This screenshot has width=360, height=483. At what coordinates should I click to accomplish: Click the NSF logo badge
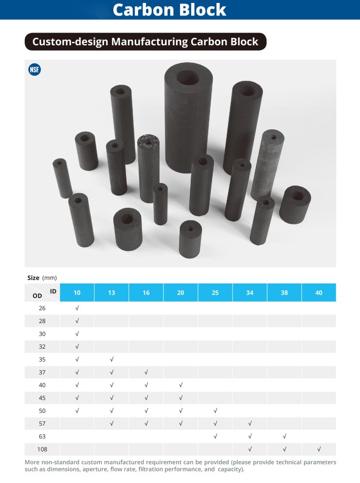coord(35,70)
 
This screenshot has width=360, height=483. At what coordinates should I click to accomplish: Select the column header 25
coord(215,293)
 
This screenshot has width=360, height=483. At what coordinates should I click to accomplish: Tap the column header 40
coord(319,293)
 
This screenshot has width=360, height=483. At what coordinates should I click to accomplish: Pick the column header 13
coord(111,293)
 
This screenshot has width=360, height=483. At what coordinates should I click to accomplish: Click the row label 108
coord(42,449)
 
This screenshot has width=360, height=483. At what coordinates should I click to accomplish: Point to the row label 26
coord(42,308)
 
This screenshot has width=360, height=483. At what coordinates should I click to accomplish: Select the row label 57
coord(42,423)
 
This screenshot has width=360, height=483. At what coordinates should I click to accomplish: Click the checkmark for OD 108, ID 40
coord(319,449)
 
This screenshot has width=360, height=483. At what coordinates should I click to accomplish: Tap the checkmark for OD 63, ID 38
coord(284,436)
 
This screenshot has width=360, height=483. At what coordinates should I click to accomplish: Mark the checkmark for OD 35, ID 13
coord(111,359)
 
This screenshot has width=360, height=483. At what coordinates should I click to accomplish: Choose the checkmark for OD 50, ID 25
coord(215,411)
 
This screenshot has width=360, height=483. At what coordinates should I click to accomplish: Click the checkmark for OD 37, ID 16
coord(146,372)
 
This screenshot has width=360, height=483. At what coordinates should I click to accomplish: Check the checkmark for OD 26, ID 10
coord(77,308)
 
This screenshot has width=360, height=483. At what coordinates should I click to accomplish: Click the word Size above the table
coord(33,278)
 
